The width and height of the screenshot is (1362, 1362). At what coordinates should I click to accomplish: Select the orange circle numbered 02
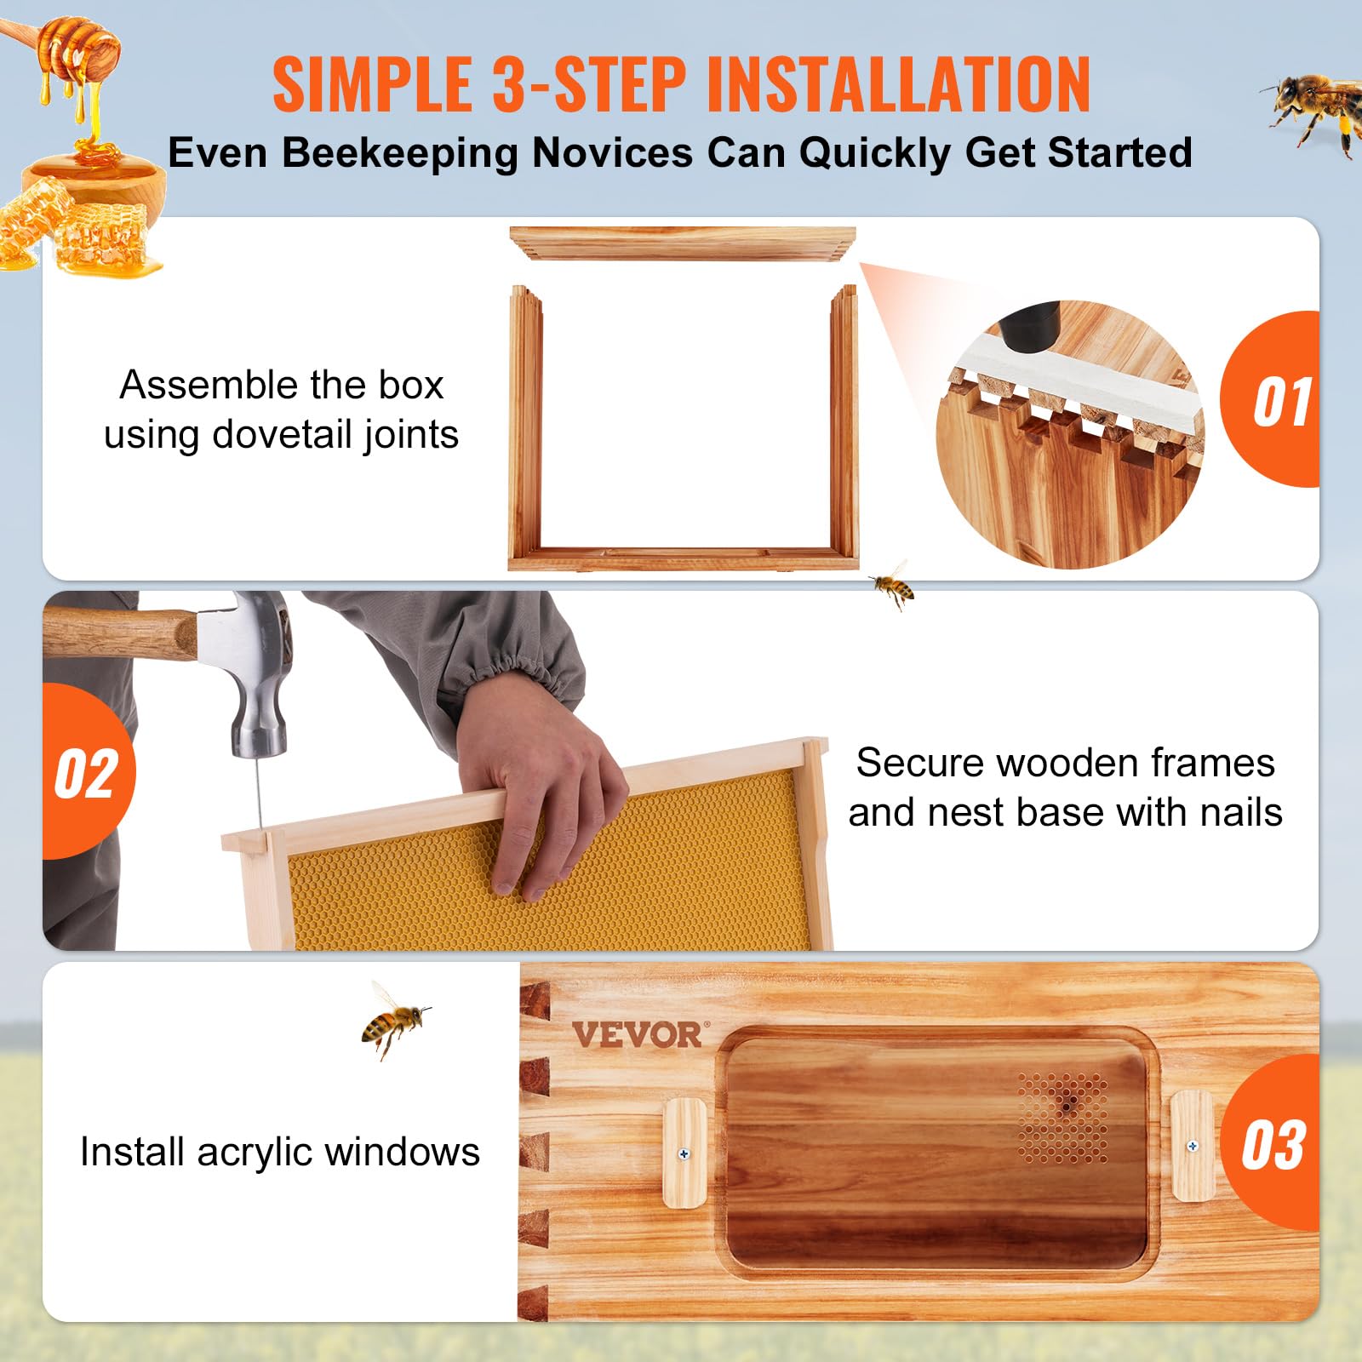point(87,773)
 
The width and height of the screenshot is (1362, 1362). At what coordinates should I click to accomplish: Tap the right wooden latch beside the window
point(1192,1146)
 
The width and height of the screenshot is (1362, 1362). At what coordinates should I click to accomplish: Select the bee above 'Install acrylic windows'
point(393,1021)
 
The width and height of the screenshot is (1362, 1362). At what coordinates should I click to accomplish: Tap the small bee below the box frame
point(892,585)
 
